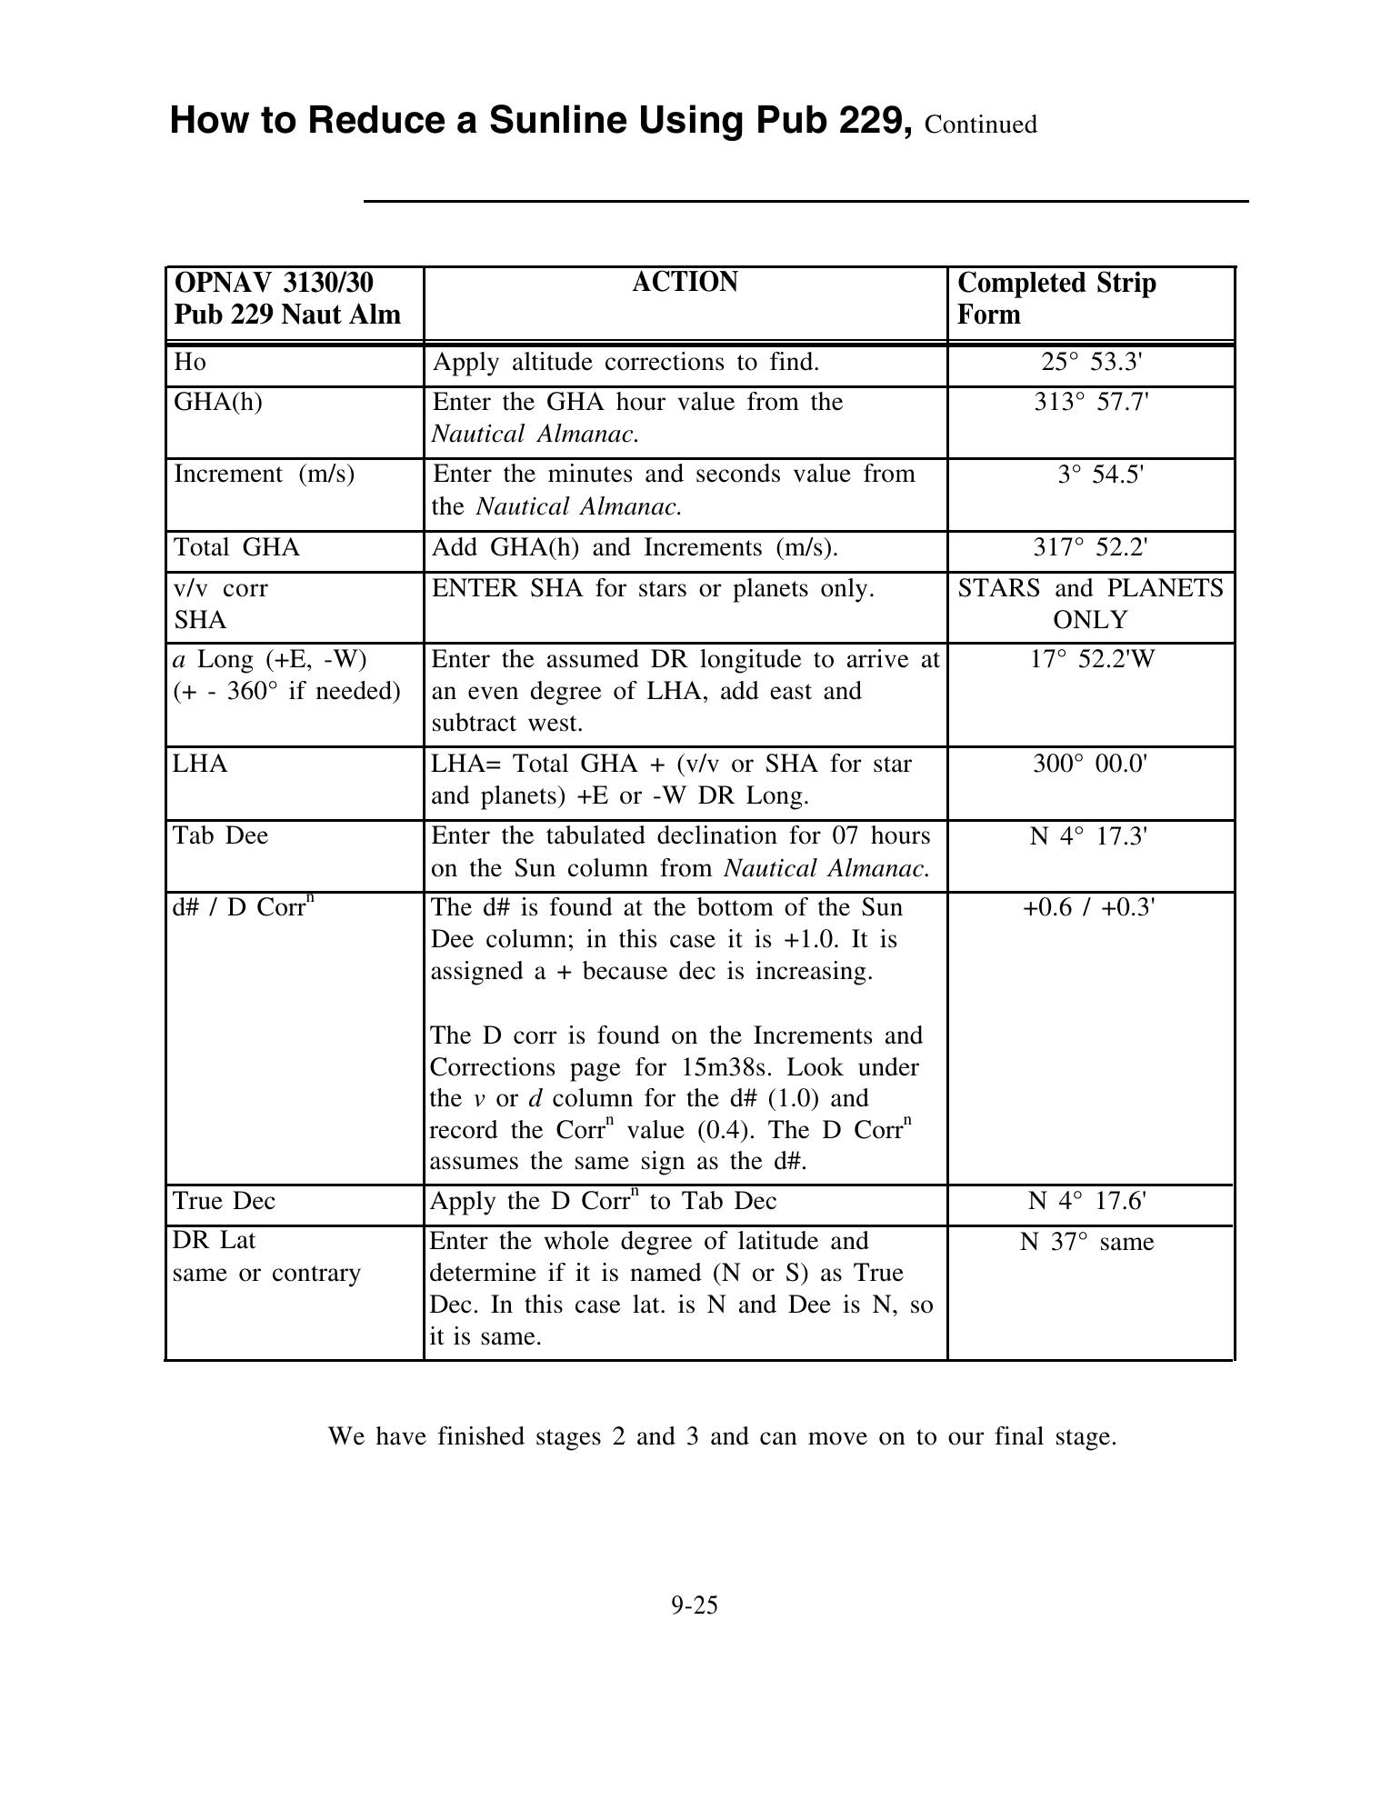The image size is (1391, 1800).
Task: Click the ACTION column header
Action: coord(685,283)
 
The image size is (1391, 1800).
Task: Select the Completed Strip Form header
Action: coord(1056,298)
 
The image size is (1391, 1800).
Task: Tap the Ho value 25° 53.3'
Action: coord(1090,362)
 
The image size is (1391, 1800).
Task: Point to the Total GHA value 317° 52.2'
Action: coord(1090,547)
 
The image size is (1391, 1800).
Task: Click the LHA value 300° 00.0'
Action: coord(1090,764)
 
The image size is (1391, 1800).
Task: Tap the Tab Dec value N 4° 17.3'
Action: coord(1089,835)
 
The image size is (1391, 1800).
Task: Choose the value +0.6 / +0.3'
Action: coord(1089,907)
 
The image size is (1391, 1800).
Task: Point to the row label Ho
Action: coord(190,362)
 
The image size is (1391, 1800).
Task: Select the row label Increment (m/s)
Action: coord(264,474)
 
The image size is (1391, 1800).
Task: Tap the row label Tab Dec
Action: coord(221,835)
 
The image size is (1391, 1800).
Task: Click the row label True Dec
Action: coord(224,1201)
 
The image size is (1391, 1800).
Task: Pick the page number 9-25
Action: coord(695,1605)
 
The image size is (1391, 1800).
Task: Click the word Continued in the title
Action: coord(980,125)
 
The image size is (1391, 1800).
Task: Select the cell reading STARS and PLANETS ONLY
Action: coord(1090,604)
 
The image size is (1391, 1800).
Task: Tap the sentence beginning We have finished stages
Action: coord(722,1436)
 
